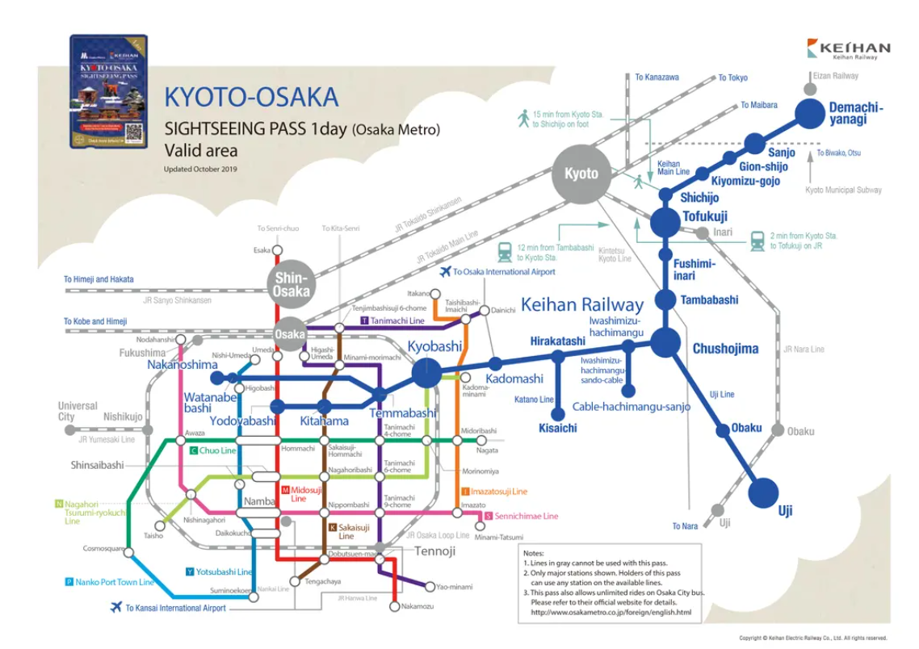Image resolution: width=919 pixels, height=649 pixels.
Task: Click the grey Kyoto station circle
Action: (x=581, y=174)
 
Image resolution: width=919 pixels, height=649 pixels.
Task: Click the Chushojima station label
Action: (x=725, y=349)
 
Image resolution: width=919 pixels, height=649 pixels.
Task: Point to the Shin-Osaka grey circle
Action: (x=291, y=284)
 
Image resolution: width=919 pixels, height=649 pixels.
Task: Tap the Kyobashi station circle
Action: (x=426, y=373)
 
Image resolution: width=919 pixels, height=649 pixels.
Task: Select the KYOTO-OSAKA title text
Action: (x=251, y=98)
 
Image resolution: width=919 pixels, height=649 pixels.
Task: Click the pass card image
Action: (x=109, y=92)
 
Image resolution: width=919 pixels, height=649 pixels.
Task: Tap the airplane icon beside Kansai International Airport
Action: (x=116, y=607)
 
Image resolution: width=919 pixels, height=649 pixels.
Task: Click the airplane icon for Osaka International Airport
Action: (x=445, y=272)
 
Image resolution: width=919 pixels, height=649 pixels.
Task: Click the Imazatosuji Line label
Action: (x=494, y=491)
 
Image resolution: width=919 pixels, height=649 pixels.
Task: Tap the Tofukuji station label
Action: (x=705, y=217)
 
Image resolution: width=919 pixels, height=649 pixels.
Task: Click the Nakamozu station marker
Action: (x=394, y=606)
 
